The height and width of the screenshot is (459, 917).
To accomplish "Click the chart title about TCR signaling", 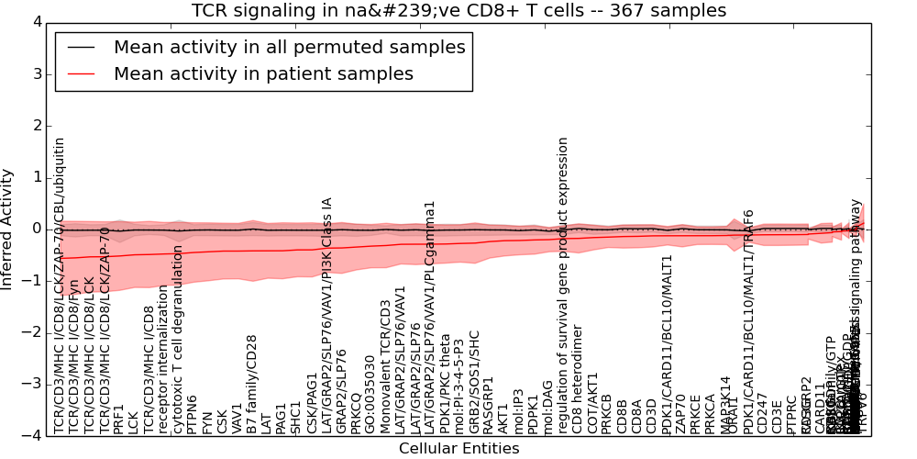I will pyautogui.click(x=458, y=11).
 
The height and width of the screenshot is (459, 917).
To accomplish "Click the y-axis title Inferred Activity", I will pyautogui.click(x=8, y=229).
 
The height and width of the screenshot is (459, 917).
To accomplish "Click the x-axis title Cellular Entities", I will pyautogui.click(x=458, y=448).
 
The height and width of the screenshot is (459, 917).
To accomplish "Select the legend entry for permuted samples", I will pyautogui.click(x=289, y=48).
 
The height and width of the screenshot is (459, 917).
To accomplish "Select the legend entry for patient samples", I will pyautogui.click(x=263, y=73).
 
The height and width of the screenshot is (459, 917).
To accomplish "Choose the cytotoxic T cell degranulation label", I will pyautogui.click(x=177, y=340).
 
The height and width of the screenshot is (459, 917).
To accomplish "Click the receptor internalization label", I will pyautogui.click(x=162, y=359).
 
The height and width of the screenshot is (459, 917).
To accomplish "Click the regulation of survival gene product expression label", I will pyautogui.click(x=563, y=285).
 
